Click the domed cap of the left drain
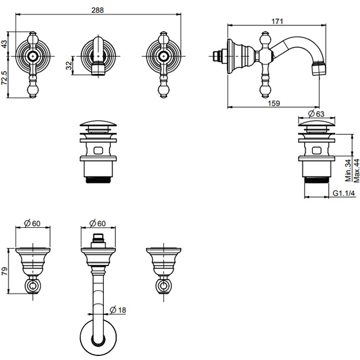(x=96, y=125)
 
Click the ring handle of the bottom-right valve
(x=163, y=284)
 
